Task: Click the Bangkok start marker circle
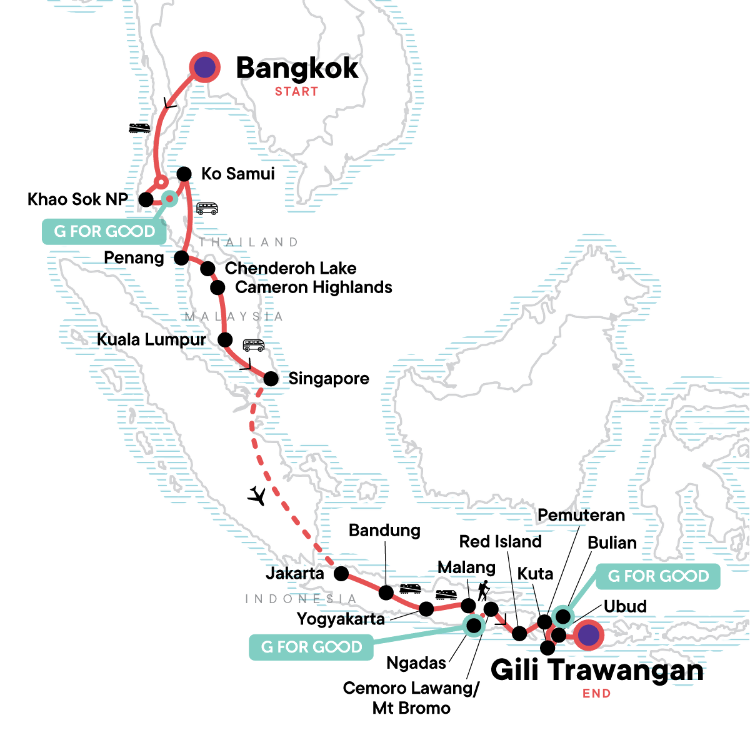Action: coord(204,67)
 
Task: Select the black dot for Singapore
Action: coord(271,379)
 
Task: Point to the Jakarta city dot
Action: coord(341,573)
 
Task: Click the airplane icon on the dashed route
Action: coord(257,496)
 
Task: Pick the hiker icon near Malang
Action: coord(482,591)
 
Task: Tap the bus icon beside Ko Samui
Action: coord(207,208)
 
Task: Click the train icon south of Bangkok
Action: coord(139,128)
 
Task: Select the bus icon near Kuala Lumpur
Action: coord(254,345)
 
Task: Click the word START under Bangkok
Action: coord(296,91)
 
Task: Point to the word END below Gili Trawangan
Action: coord(596,693)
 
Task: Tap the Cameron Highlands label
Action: coord(314,287)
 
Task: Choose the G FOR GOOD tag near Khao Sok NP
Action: coord(104,231)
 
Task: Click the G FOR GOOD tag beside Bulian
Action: coord(658,576)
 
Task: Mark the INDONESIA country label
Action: coord(301,599)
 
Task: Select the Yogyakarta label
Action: coord(341,619)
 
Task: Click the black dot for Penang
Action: coord(181,257)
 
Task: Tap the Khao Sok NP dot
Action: coord(146,199)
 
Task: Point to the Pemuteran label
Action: coord(581,515)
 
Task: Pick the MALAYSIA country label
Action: coord(234,317)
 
